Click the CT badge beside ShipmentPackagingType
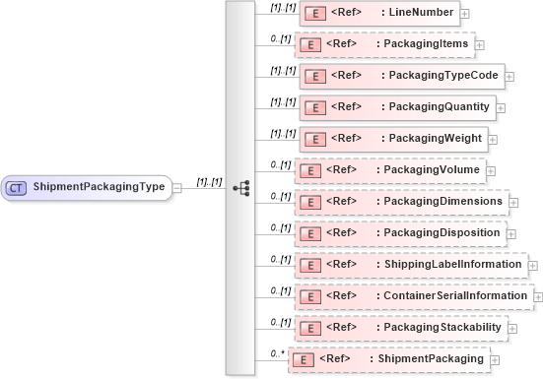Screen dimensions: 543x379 [x=17, y=187]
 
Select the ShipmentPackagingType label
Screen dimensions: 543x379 [x=99, y=187]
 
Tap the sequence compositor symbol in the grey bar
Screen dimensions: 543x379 [x=239, y=187]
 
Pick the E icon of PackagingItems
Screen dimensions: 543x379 [x=311, y=45]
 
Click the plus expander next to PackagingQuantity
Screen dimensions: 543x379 [x=501, y=106]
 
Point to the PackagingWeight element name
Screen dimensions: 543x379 [x=436, y=137]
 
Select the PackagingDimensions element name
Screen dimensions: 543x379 [x=441, y=201]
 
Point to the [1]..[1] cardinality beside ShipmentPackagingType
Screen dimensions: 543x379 [x=209, y=181]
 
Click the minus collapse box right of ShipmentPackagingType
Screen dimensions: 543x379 [x=177, y=187]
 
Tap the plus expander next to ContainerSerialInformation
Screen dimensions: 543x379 [x=537, y=296]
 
